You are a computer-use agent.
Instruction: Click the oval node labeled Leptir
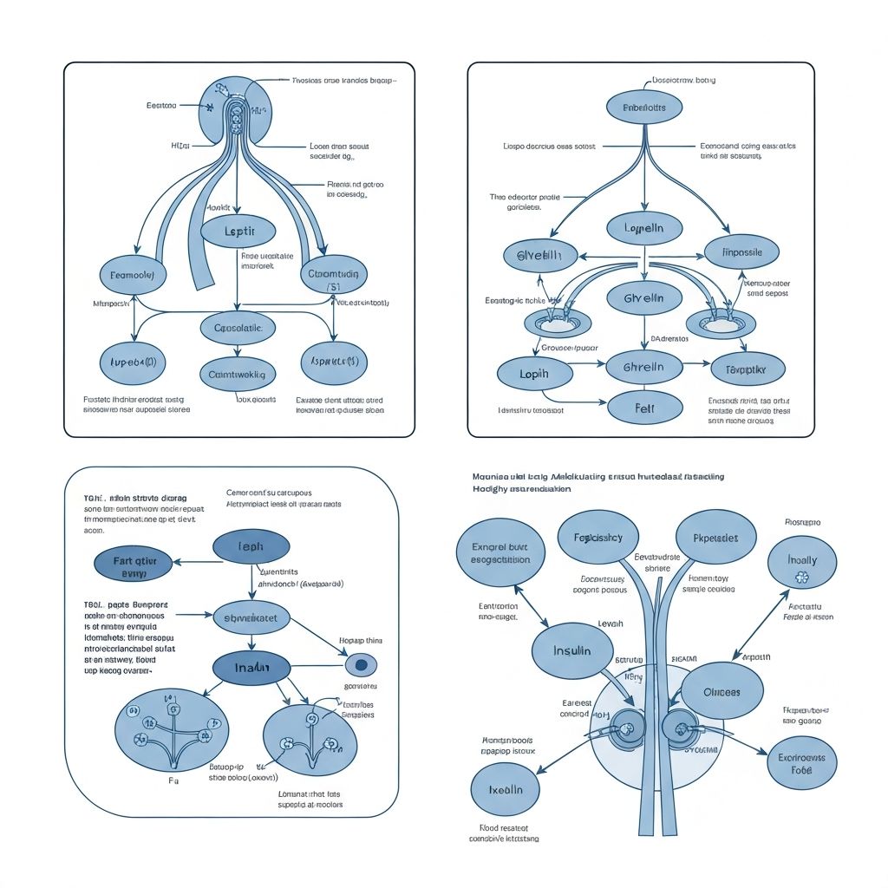pyautogui.click(x=238, y=232)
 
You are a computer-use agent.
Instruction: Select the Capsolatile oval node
pyautogui.click(x=238, y=328)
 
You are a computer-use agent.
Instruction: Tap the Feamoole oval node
pyautogui.click(x=133, y=275)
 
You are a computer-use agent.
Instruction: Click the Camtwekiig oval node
pyautogui.click(x=238, y=375)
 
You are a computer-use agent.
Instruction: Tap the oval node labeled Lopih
pyautogui.click(x=534, y=373)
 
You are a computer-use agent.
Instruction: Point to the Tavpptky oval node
pyautogui.click(x=747, y=369)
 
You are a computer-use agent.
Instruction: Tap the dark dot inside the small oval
pyautogui.click(x=362, y=665)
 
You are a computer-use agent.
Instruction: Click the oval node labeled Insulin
pyautogui.click(x=572, y=650)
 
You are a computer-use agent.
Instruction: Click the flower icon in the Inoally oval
pyautogui.click(x=801, y=577)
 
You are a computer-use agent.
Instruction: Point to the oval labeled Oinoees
pyautogui.click(x=721, y=692)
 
